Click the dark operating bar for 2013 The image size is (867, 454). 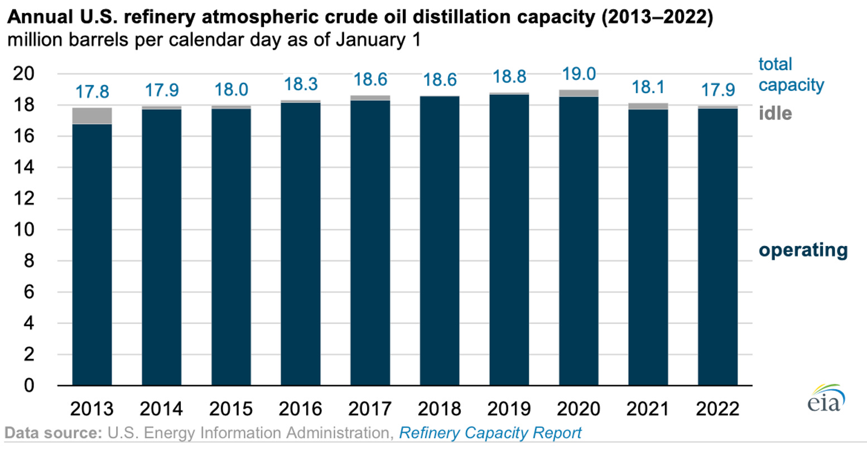(92, 254)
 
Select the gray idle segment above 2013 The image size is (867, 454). (92, 116)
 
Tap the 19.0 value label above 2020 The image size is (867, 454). (579, 74)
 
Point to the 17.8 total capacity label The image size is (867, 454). (92, 91)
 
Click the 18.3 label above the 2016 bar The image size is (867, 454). (301, 84)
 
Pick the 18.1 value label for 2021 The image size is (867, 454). (648, 88)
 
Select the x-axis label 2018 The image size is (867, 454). (439, 409)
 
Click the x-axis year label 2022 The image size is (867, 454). (717, 409)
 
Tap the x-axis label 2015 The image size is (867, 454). (231, 409)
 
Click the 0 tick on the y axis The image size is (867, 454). (28, 385)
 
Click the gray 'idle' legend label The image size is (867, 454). (775, 113)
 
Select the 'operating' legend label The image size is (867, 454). (803, 250)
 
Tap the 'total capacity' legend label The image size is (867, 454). (791, 74)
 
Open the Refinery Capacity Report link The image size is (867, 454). (490, 433)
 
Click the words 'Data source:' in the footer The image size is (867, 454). (54, 433)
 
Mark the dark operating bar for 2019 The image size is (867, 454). (509, 240)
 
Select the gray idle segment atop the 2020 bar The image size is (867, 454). (579, 93)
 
